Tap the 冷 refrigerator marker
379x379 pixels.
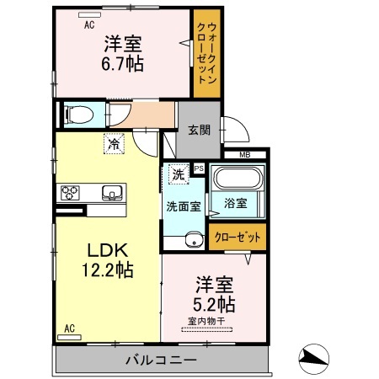(113, 144)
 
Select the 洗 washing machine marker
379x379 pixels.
(178, 175)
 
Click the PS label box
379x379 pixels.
(200, 168)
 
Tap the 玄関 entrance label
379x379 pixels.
(199, 131)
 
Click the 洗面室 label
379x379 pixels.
(182, 206)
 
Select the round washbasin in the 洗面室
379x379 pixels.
(193, 238)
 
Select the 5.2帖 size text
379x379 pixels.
(215, 302)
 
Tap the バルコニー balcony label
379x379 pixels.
(162, 360)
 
